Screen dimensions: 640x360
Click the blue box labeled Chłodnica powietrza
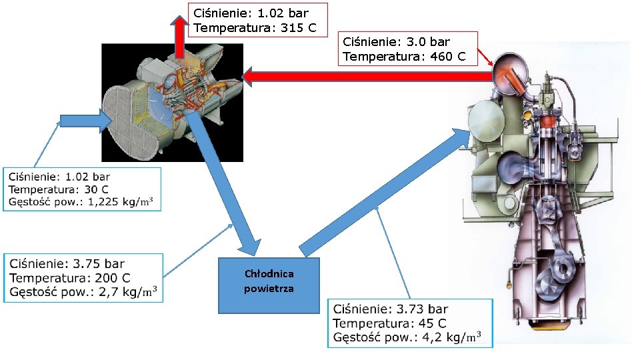(269, 285)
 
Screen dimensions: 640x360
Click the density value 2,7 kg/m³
(128, 292)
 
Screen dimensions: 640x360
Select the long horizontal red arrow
(367, 77)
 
